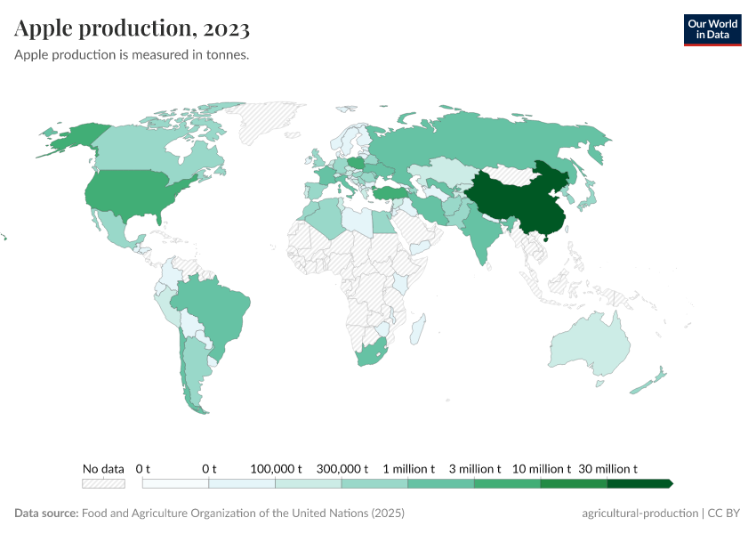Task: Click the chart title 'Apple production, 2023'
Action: coord(132,28)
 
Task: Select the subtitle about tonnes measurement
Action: coord(131,55)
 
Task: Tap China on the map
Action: coord(511,200)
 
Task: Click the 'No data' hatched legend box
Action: coord(103,483)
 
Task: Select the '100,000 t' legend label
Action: coord(276,468)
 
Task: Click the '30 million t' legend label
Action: coord(608,468)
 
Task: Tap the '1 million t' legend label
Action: coord(408,468)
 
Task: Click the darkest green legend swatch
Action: coord(639,483)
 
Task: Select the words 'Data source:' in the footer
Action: coord(46,514)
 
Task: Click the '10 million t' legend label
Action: coord(541,468)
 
